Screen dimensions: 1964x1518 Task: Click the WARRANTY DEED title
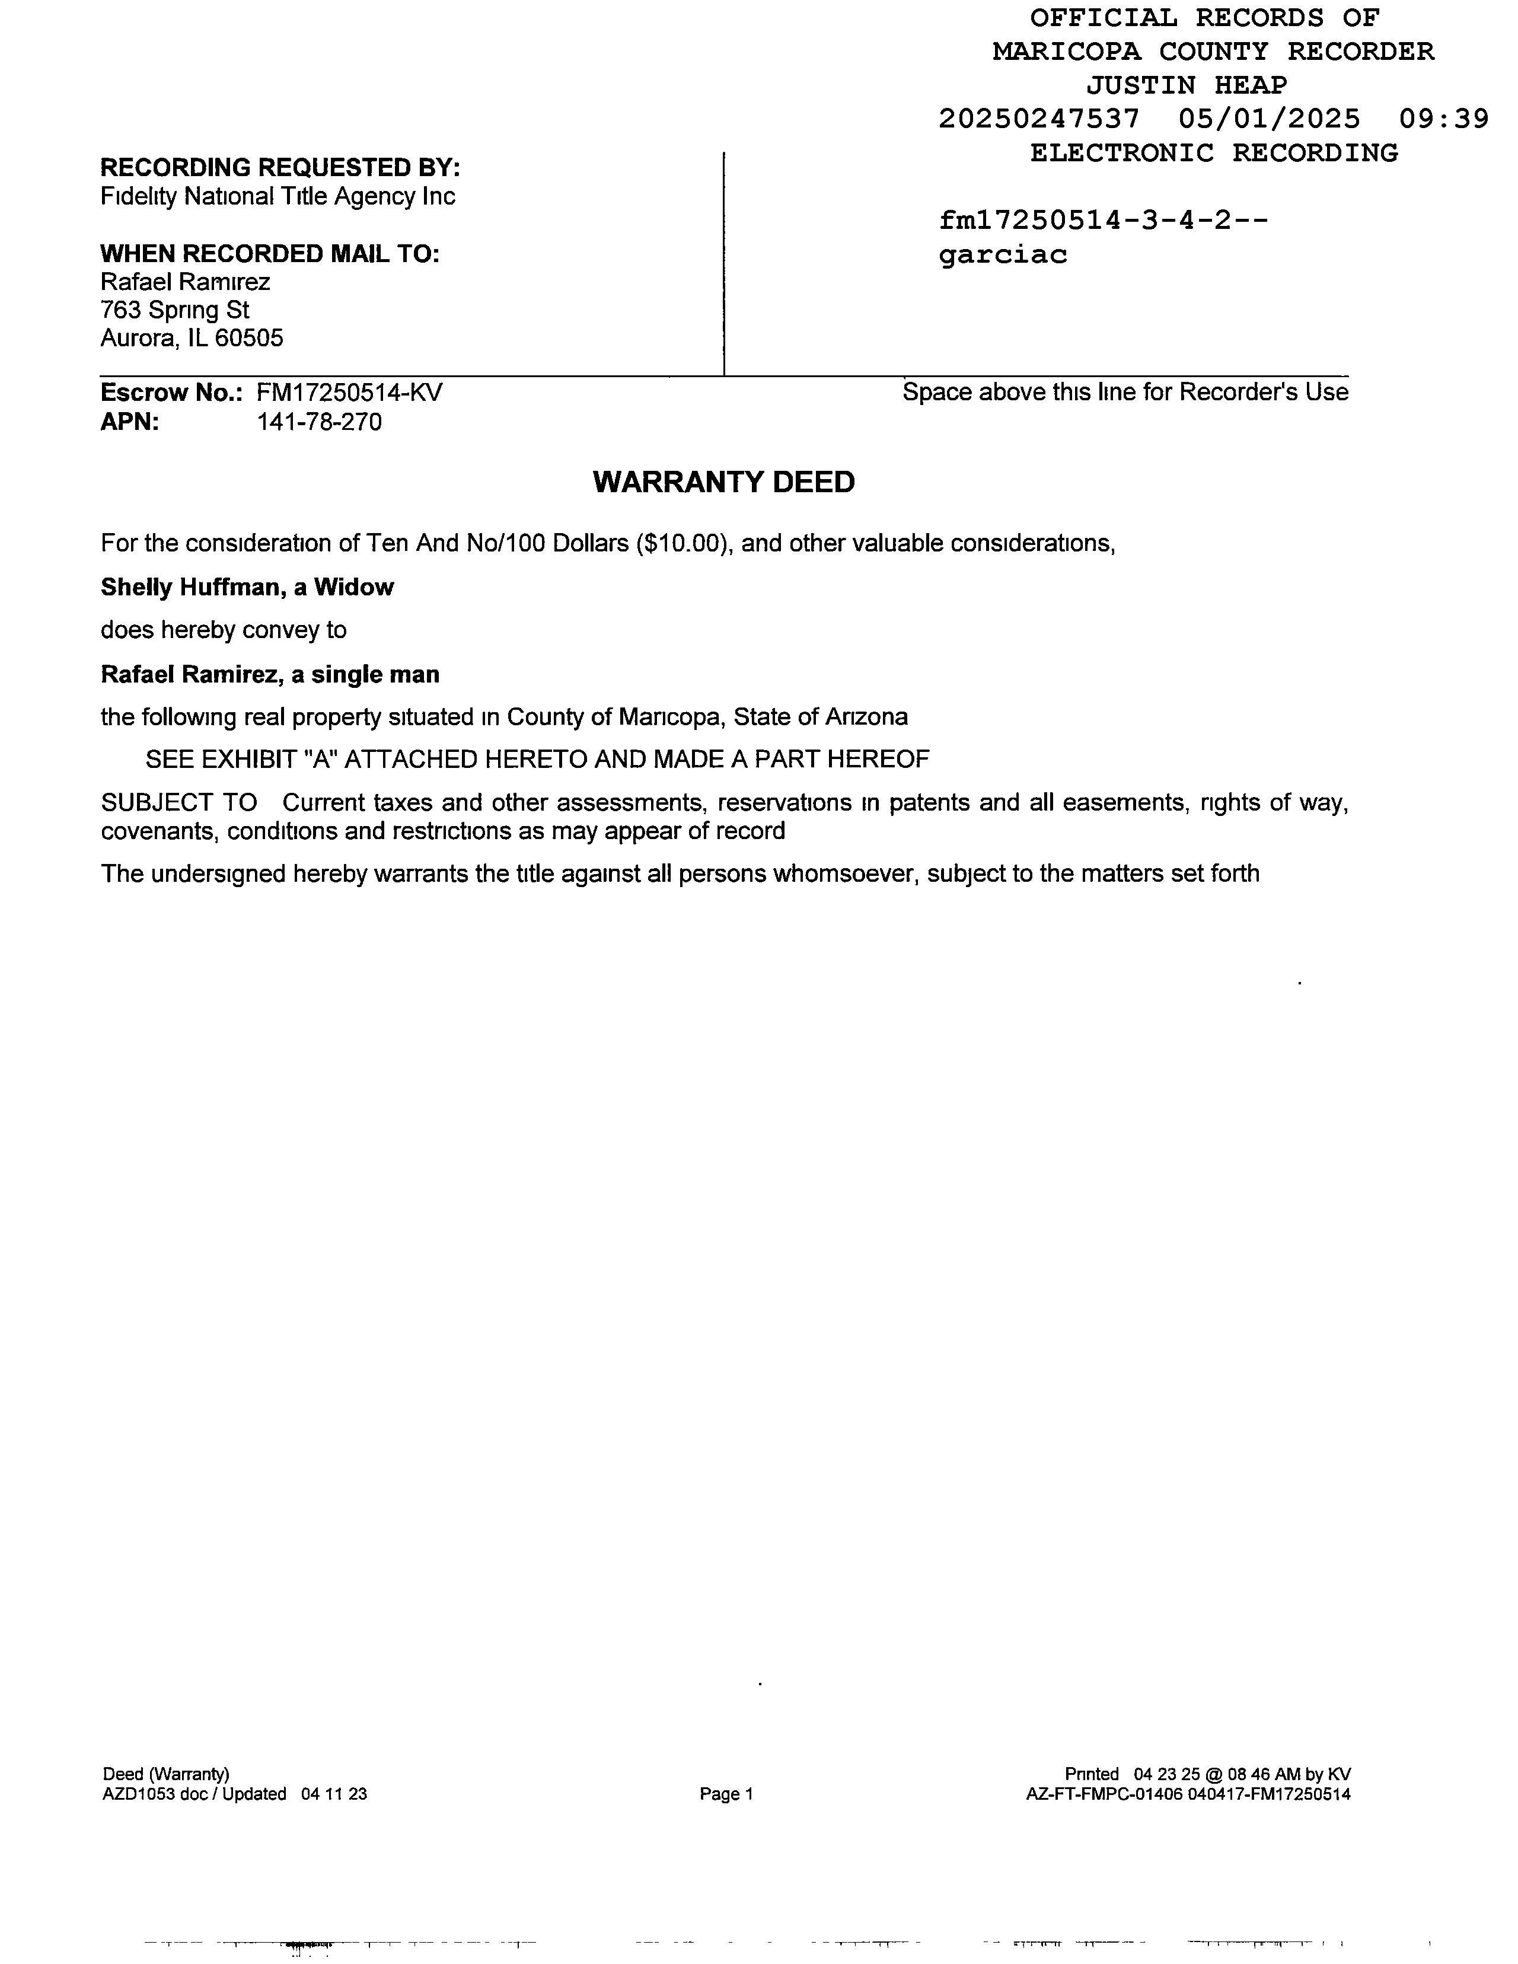723,482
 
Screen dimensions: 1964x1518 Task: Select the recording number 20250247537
1039,119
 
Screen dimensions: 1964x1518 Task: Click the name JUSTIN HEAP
1186,85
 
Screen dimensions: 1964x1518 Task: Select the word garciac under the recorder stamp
1003,256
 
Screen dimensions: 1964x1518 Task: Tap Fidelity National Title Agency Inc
278,196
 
